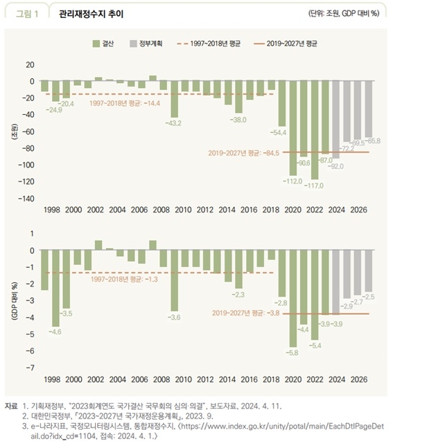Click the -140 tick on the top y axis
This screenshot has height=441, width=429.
click(x=25, y=199)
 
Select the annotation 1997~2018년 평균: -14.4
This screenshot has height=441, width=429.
click(x=125, y=103)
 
